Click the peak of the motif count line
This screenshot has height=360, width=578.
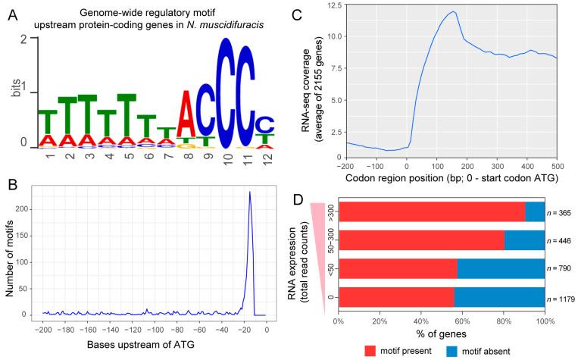point(250,192)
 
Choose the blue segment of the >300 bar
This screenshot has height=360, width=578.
point(535,211)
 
